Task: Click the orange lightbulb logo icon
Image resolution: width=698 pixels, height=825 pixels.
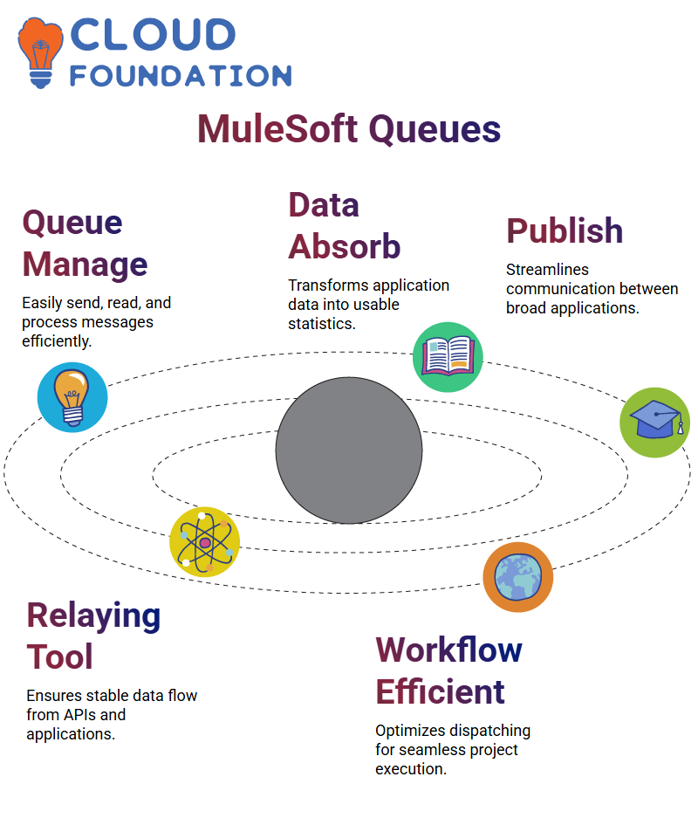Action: pyautogui.click(x=40, y=52)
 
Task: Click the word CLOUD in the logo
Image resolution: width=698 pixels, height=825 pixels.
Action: pyautogui.click(x=153, y=35)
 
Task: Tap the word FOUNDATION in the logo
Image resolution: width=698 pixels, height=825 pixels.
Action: pyautogui.click(x=181, y=76)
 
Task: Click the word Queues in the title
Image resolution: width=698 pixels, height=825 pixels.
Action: pyautogui.click(x=435, y=130)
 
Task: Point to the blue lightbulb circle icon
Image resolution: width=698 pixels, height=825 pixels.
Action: pyautogui.click(x=72, y=397)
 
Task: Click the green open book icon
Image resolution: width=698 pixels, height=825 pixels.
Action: pyautogui.click(x=448, y=357)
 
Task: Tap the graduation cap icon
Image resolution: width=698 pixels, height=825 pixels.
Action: pyautogui.click(x=655, y=423)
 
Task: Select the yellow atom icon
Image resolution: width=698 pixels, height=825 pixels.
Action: pyautogui.click(x=205, y=542)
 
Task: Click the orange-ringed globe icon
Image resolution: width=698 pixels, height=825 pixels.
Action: pyautogui.click(x=518, y=577)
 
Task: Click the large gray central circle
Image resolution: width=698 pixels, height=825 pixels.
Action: pyautogui.click(x=349, y=450)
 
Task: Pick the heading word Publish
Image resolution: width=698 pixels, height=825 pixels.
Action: pyautogui.click(x=565, y=230)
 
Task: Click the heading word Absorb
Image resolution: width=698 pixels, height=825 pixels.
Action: pyautogui.click(x=345, y=246)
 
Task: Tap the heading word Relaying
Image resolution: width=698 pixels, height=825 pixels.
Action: pyautogui.click(x=93, y=616)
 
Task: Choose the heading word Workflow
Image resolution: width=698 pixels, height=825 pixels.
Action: pyautogui.click(x=448, y=650)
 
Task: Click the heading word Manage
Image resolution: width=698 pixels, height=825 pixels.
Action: pyautogui.click(x=85, y=265)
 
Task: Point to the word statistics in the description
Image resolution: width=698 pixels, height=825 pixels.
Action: pyautogui.click(x=322, y=324)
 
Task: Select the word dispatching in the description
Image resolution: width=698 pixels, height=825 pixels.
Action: pyautogui.click(x=492, y=732)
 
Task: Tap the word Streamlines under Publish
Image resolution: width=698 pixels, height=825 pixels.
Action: pyautogui.click(x=548, y=270)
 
